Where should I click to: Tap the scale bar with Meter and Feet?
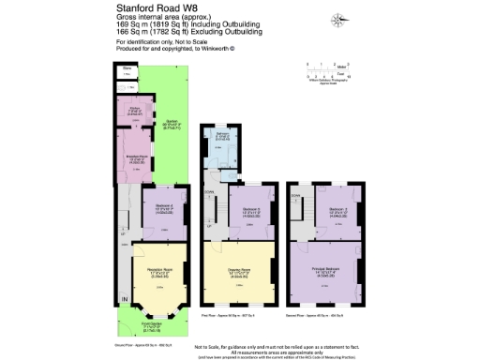320,68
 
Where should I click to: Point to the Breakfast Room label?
133,158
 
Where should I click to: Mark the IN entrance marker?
122,299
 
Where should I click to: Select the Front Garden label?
153,324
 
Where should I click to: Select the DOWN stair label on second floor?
296,194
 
